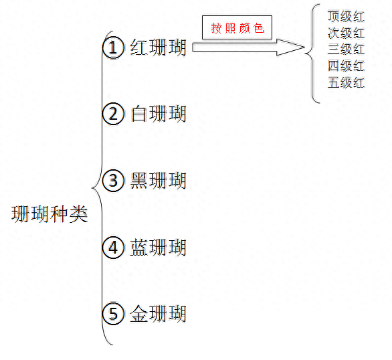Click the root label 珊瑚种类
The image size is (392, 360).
tap(50, 214)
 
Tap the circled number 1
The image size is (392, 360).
tap(113, 48)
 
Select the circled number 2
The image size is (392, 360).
tap(113, 114)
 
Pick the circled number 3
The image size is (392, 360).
tap(113, 181)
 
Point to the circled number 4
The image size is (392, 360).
tap(113, 248)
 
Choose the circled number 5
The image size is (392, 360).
tap(113, 314)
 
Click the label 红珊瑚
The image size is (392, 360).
tap(159, 48)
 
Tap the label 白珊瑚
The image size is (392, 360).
tap(159, 114)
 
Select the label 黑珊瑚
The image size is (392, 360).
tap(159, 181)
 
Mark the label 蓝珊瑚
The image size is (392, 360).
tap(159, 248)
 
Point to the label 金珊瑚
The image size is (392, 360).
tap(159, 314)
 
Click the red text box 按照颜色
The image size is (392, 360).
tap(237, 27)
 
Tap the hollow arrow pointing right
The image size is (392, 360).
tap(248, 48)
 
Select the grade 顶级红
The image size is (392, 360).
tap(346, 17)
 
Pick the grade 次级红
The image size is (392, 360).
tap(346, 33)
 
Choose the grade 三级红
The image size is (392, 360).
tap(346, 50)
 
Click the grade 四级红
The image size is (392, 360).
tap(346, 66)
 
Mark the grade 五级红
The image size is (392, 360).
tap(346, 82)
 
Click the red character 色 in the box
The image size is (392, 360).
tap(258, 28)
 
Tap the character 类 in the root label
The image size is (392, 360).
tap(78, 214)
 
